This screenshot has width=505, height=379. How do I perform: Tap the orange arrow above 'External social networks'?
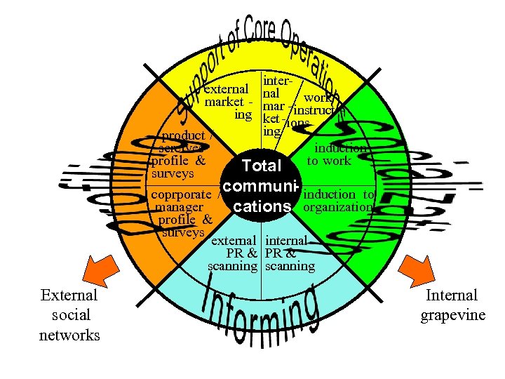coord(97,270)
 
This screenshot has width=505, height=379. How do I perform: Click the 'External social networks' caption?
coord(69,315)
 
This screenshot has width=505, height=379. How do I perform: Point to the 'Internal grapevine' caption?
coord(452,305)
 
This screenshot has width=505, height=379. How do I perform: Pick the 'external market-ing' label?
coord(226,102)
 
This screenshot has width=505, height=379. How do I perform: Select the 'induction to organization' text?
coord(339,201)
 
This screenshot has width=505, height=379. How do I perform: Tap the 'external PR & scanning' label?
coord(234,253)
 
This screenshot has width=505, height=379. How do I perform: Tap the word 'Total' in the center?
coord(261,166)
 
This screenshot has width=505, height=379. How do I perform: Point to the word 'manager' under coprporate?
coord(180,207)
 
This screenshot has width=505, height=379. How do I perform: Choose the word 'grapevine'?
coord(452,314)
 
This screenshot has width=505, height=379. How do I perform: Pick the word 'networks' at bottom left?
coord(69,335)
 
